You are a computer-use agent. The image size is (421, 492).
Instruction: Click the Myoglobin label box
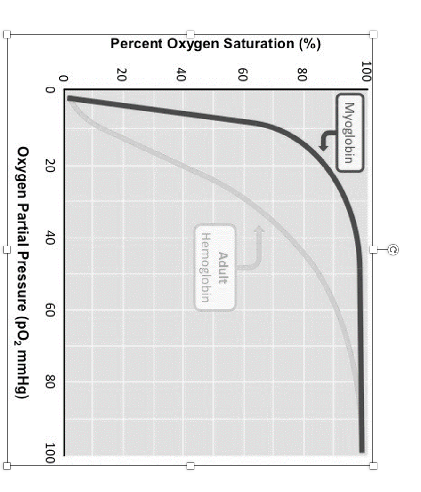point(349,133)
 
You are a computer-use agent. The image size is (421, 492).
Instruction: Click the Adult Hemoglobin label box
point(215,267)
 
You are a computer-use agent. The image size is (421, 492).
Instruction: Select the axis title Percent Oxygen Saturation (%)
point(215,44)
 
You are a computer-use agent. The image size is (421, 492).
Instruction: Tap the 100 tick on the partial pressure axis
point(50,452)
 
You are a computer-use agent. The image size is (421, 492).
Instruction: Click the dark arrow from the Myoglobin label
point(325,141)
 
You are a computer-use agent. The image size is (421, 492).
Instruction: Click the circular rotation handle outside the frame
point(393,250)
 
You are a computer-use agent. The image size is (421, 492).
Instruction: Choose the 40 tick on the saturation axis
point(182,74)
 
